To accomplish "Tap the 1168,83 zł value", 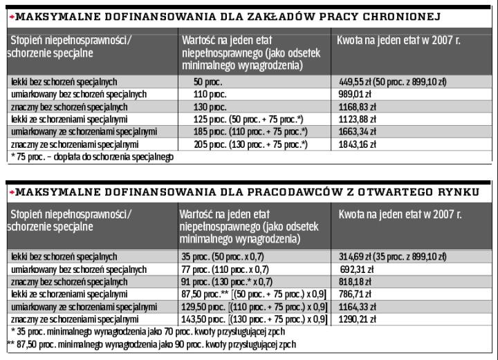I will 357,107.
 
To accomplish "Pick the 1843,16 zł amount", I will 357,144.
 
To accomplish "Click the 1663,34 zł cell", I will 357,132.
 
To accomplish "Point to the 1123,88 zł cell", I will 357,120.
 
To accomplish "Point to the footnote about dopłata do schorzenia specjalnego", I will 92,157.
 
